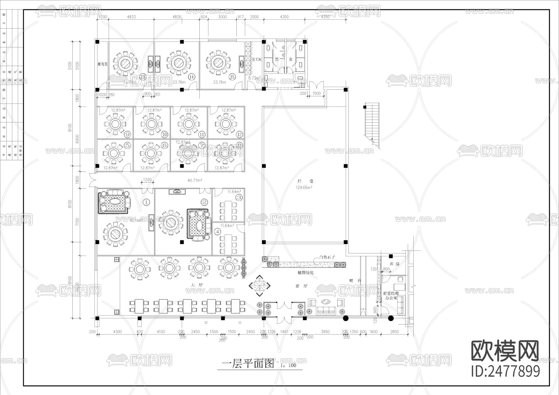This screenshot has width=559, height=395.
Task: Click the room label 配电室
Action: tap(102, 64)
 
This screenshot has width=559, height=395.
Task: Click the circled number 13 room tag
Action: tap(143, 77)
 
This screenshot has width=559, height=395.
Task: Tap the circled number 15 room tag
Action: tap(232, 77)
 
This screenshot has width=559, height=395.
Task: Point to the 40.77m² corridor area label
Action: tap(195, 180)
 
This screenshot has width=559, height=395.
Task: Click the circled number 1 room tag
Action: tap(146, 202)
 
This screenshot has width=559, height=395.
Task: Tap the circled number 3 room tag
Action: tap(239, 197)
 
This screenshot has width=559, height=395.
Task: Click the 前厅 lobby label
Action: tap(301, 286)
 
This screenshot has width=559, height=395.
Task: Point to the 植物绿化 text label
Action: tap(306, 272)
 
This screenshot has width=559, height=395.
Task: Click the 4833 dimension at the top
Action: tap(131, 17)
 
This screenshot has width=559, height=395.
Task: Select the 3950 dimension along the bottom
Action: tap(325, 332)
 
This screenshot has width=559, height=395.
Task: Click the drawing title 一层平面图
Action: tap(248, 363)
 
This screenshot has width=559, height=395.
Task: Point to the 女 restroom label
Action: tap(291, 59)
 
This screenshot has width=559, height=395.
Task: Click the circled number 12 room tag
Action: tap(239, 134)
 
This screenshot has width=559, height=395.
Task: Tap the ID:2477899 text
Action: tap(506, 371)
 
